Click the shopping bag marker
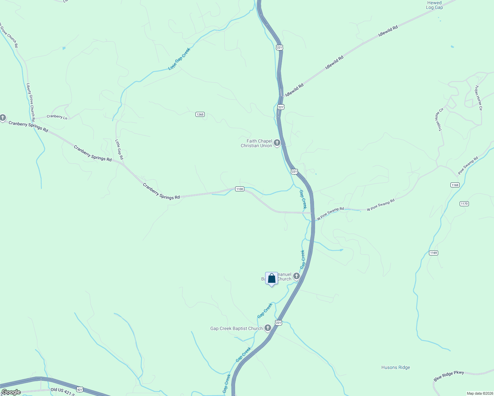pos(271,279)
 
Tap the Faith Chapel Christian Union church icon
pos(277,143)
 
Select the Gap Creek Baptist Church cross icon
pos(268,328)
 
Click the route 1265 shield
pos(200,115)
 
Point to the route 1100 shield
pos(239,189)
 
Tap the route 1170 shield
pos(464,204)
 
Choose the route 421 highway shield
pos(80,389)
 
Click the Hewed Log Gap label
pos(434,5)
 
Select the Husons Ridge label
pos(396,367)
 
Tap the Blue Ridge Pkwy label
pos(449,376)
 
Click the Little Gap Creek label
pos(179,59)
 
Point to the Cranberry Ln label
pos(57,116)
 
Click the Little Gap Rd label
pos(119,149)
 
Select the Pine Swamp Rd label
pos(468,166)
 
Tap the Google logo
pos(11,392)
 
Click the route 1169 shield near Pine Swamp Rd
pos(455,185)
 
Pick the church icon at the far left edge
pos(3,117)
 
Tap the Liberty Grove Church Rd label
pos(31,102)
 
